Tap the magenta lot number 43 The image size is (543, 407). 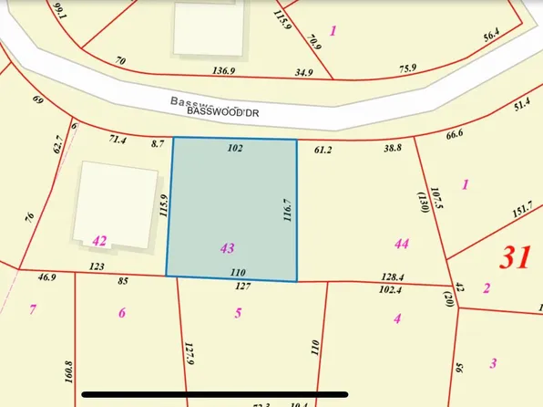(x=228, y=247)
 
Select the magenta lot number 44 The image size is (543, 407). (x=401, y=244)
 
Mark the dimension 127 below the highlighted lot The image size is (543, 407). (x=241, y=286)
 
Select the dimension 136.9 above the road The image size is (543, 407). (x=224, y=69)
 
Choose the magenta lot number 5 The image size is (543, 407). (x=239, y=313)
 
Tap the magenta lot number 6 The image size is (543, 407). (x=122, y=313)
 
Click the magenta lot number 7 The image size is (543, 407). (x=33, y=310)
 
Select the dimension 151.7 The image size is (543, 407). (x=523, y=211)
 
